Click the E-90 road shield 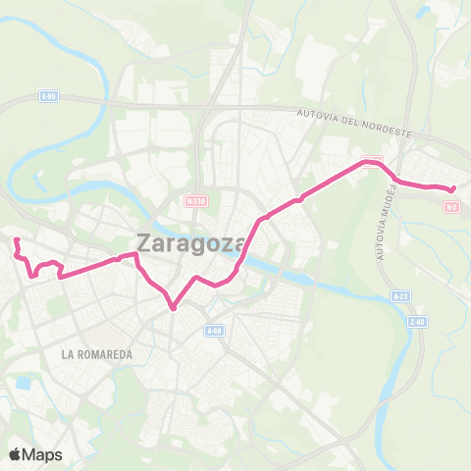tap(49, 96)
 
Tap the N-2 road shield tap(451, 207)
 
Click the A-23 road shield tap(400, 294)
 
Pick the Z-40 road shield tap(418, 321)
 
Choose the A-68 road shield tap(215, 331)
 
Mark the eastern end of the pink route tap(453, 189)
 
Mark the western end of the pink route tap(17, 239)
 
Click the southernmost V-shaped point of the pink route tap(173, 309)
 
